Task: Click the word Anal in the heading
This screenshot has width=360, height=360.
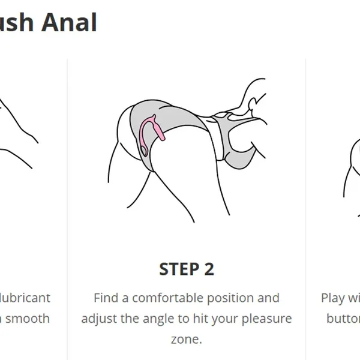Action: [x=70, y=22]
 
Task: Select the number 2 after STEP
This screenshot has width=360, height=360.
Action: [x=208, y=269]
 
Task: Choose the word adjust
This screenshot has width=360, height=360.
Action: [x=100, y=318]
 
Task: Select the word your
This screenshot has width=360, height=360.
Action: [x=235, y=319]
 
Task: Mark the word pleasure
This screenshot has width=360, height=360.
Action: [x=272, y=319]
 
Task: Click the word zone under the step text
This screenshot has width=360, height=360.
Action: [x=185, y=339]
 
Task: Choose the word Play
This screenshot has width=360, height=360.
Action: [x=333, y=298]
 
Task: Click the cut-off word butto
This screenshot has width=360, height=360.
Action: [x=343, y=318]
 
